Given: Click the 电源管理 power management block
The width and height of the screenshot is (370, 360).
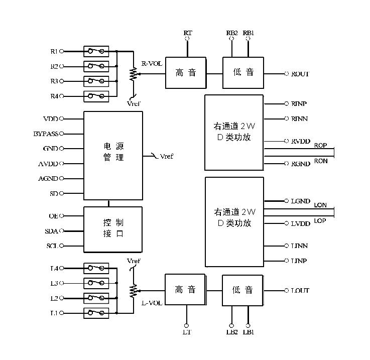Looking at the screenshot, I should pos(113,155).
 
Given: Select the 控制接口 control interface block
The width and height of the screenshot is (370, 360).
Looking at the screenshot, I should pos(113,229).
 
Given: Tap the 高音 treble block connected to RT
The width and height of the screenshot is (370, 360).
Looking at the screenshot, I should pos(185,73).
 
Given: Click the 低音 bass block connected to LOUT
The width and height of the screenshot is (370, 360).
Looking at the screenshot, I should pos(242,290).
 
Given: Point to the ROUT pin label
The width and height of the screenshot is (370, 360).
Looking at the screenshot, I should pos(300,74).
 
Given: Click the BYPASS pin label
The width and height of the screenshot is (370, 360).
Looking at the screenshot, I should pos(46,134).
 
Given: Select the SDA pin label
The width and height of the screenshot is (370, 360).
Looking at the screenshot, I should pos(51,231).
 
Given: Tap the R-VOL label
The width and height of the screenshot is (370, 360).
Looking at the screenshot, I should pos(151,64).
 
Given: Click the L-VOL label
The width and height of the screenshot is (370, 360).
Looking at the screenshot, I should pos(151,303).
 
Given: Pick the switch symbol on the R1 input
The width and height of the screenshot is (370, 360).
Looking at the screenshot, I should pos(96,51).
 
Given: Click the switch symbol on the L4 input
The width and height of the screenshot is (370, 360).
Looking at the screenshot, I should pos(96,268).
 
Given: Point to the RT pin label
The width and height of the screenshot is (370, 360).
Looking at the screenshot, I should pos(188,33).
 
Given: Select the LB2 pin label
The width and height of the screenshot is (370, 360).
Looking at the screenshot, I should pos(232,332).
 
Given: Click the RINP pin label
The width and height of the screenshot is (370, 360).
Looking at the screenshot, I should pos(299,104).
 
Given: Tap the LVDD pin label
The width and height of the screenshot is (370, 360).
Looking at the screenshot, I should pos(300,223).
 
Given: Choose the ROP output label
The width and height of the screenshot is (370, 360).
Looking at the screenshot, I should pos(320,146).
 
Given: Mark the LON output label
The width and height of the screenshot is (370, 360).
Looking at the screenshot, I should pos(320,205).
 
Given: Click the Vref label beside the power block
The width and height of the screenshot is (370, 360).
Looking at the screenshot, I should pos(166,157).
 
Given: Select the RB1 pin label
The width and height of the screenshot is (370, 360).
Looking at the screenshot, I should pos(248,33).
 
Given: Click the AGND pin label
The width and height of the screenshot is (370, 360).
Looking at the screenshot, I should pos(48,178).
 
